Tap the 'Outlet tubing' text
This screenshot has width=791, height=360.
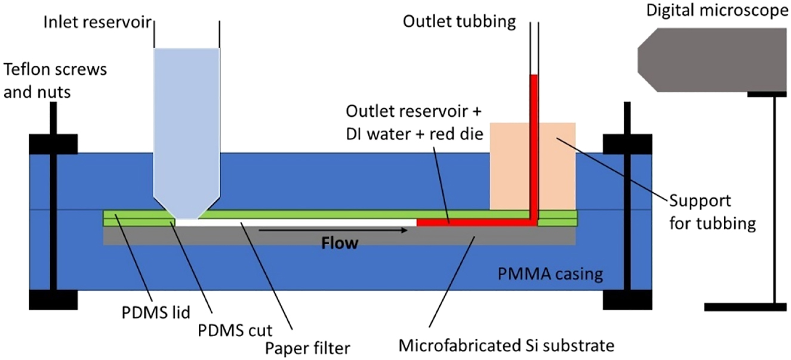tap(459, 22)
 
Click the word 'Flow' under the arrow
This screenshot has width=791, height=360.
tap(340, 243)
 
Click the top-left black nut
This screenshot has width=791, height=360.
tap(53, 144)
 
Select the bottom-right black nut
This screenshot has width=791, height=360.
tap(627, 300)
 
